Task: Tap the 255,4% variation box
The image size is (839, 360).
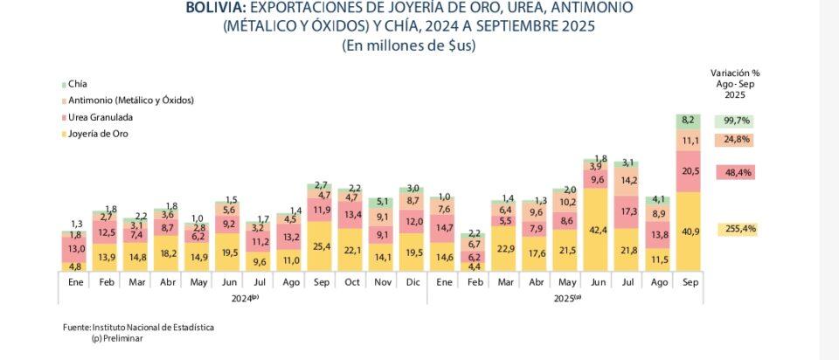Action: pyautogui.click(x=734, y=230)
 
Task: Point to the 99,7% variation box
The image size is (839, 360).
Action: pyautogui.click(x=733, y=121)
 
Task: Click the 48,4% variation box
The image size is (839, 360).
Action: pyautogui.click(x=734, y=173)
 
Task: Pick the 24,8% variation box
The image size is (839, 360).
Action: pyautogui.click(x=734, y=140)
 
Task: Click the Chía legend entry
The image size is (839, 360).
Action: pyautogui.click(x=76, y=84)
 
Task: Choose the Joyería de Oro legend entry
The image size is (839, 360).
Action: pyautogui.click(x=97, y=134)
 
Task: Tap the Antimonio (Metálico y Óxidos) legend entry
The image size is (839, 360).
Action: pyautogui.click(x=130, y=100)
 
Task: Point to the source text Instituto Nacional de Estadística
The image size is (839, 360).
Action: pyautogui.click(x=154, y=327)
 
